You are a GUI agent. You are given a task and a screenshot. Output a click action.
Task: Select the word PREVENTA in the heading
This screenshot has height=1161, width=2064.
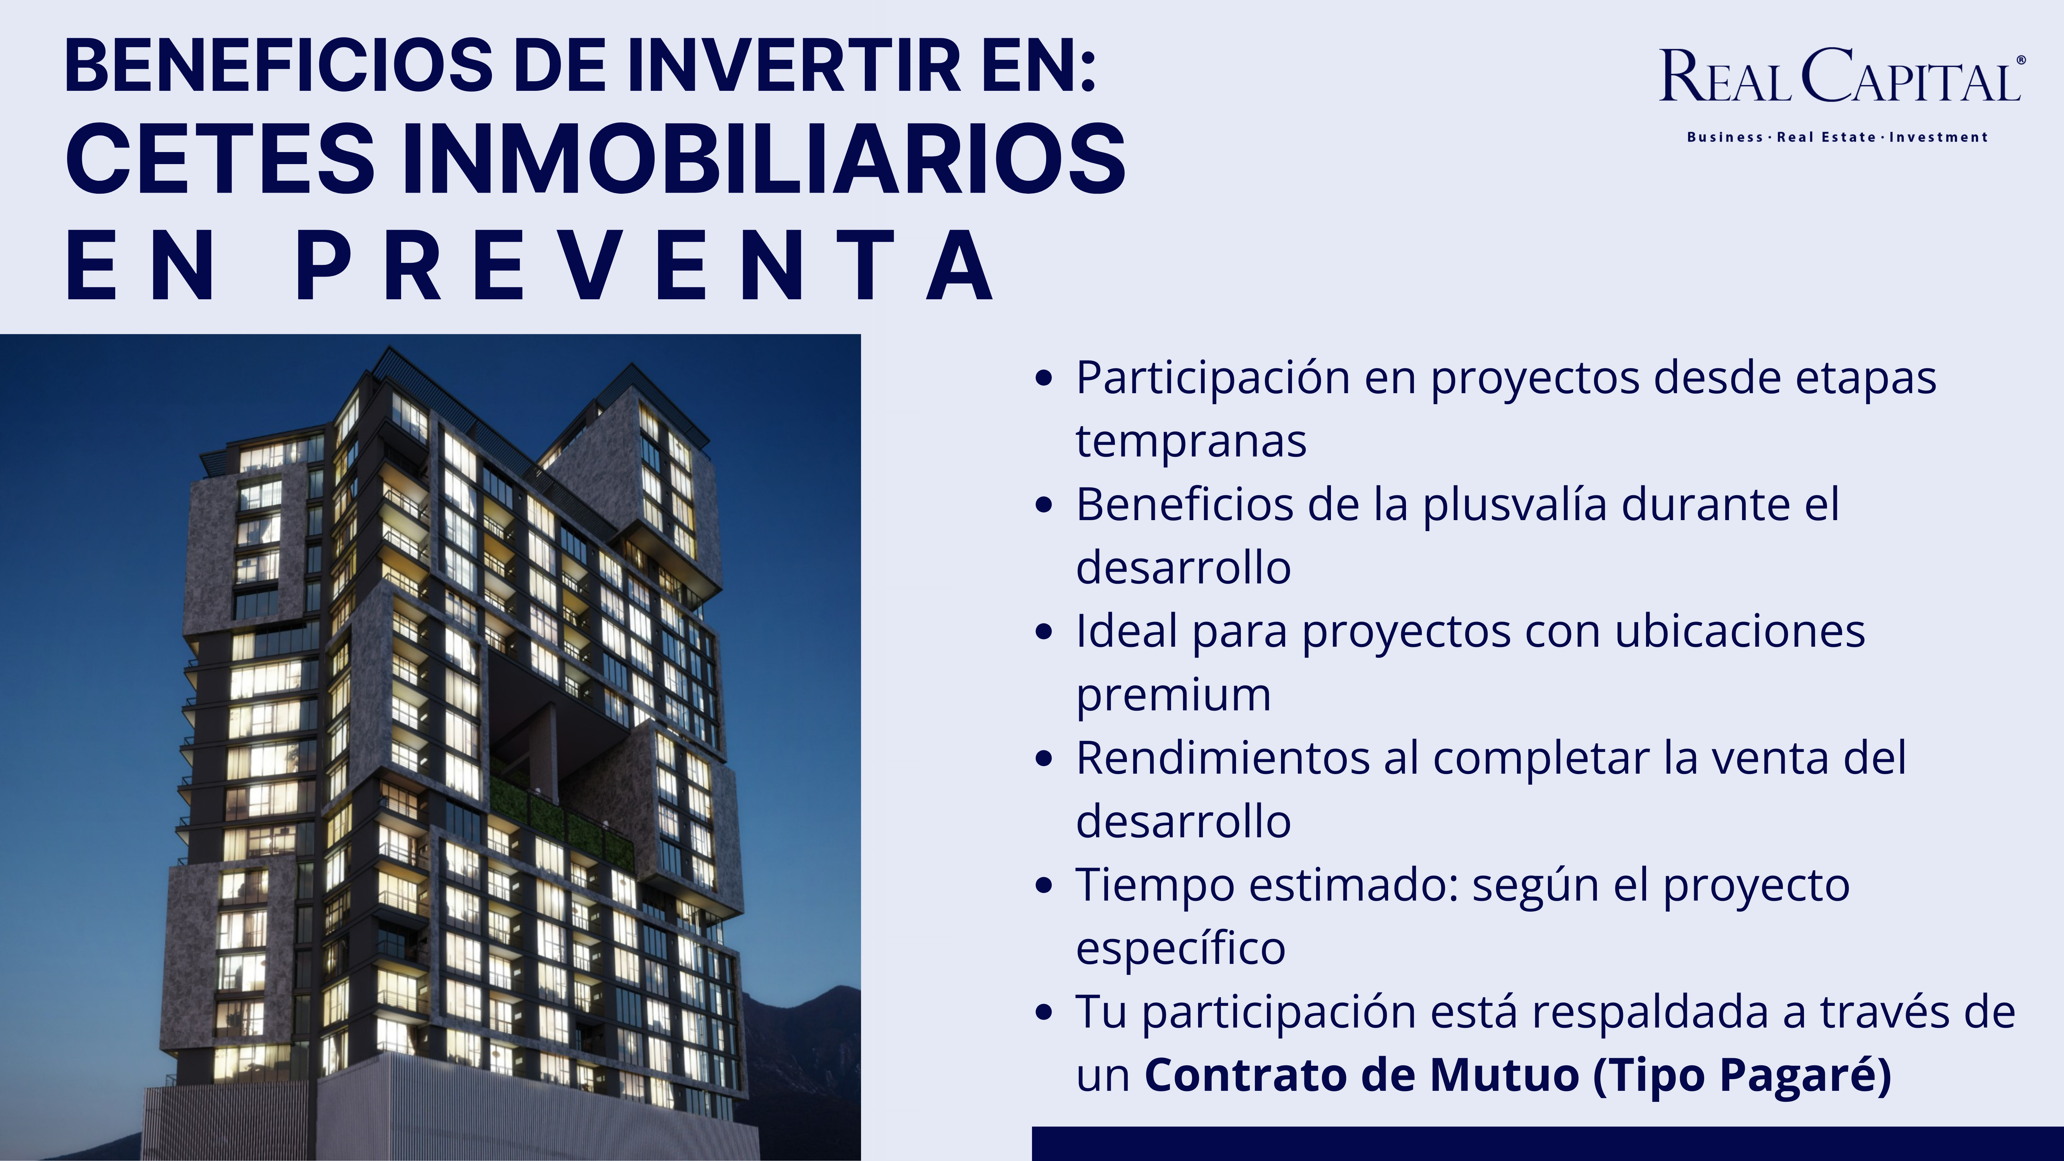pos(645,265)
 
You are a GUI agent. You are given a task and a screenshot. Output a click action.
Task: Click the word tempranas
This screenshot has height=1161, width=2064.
pos(1191,441)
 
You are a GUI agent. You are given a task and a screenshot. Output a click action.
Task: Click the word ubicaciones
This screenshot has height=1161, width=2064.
pos(1740,631)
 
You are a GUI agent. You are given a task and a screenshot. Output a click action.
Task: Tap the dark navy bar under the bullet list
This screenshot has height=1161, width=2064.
pos(1547,1143)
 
